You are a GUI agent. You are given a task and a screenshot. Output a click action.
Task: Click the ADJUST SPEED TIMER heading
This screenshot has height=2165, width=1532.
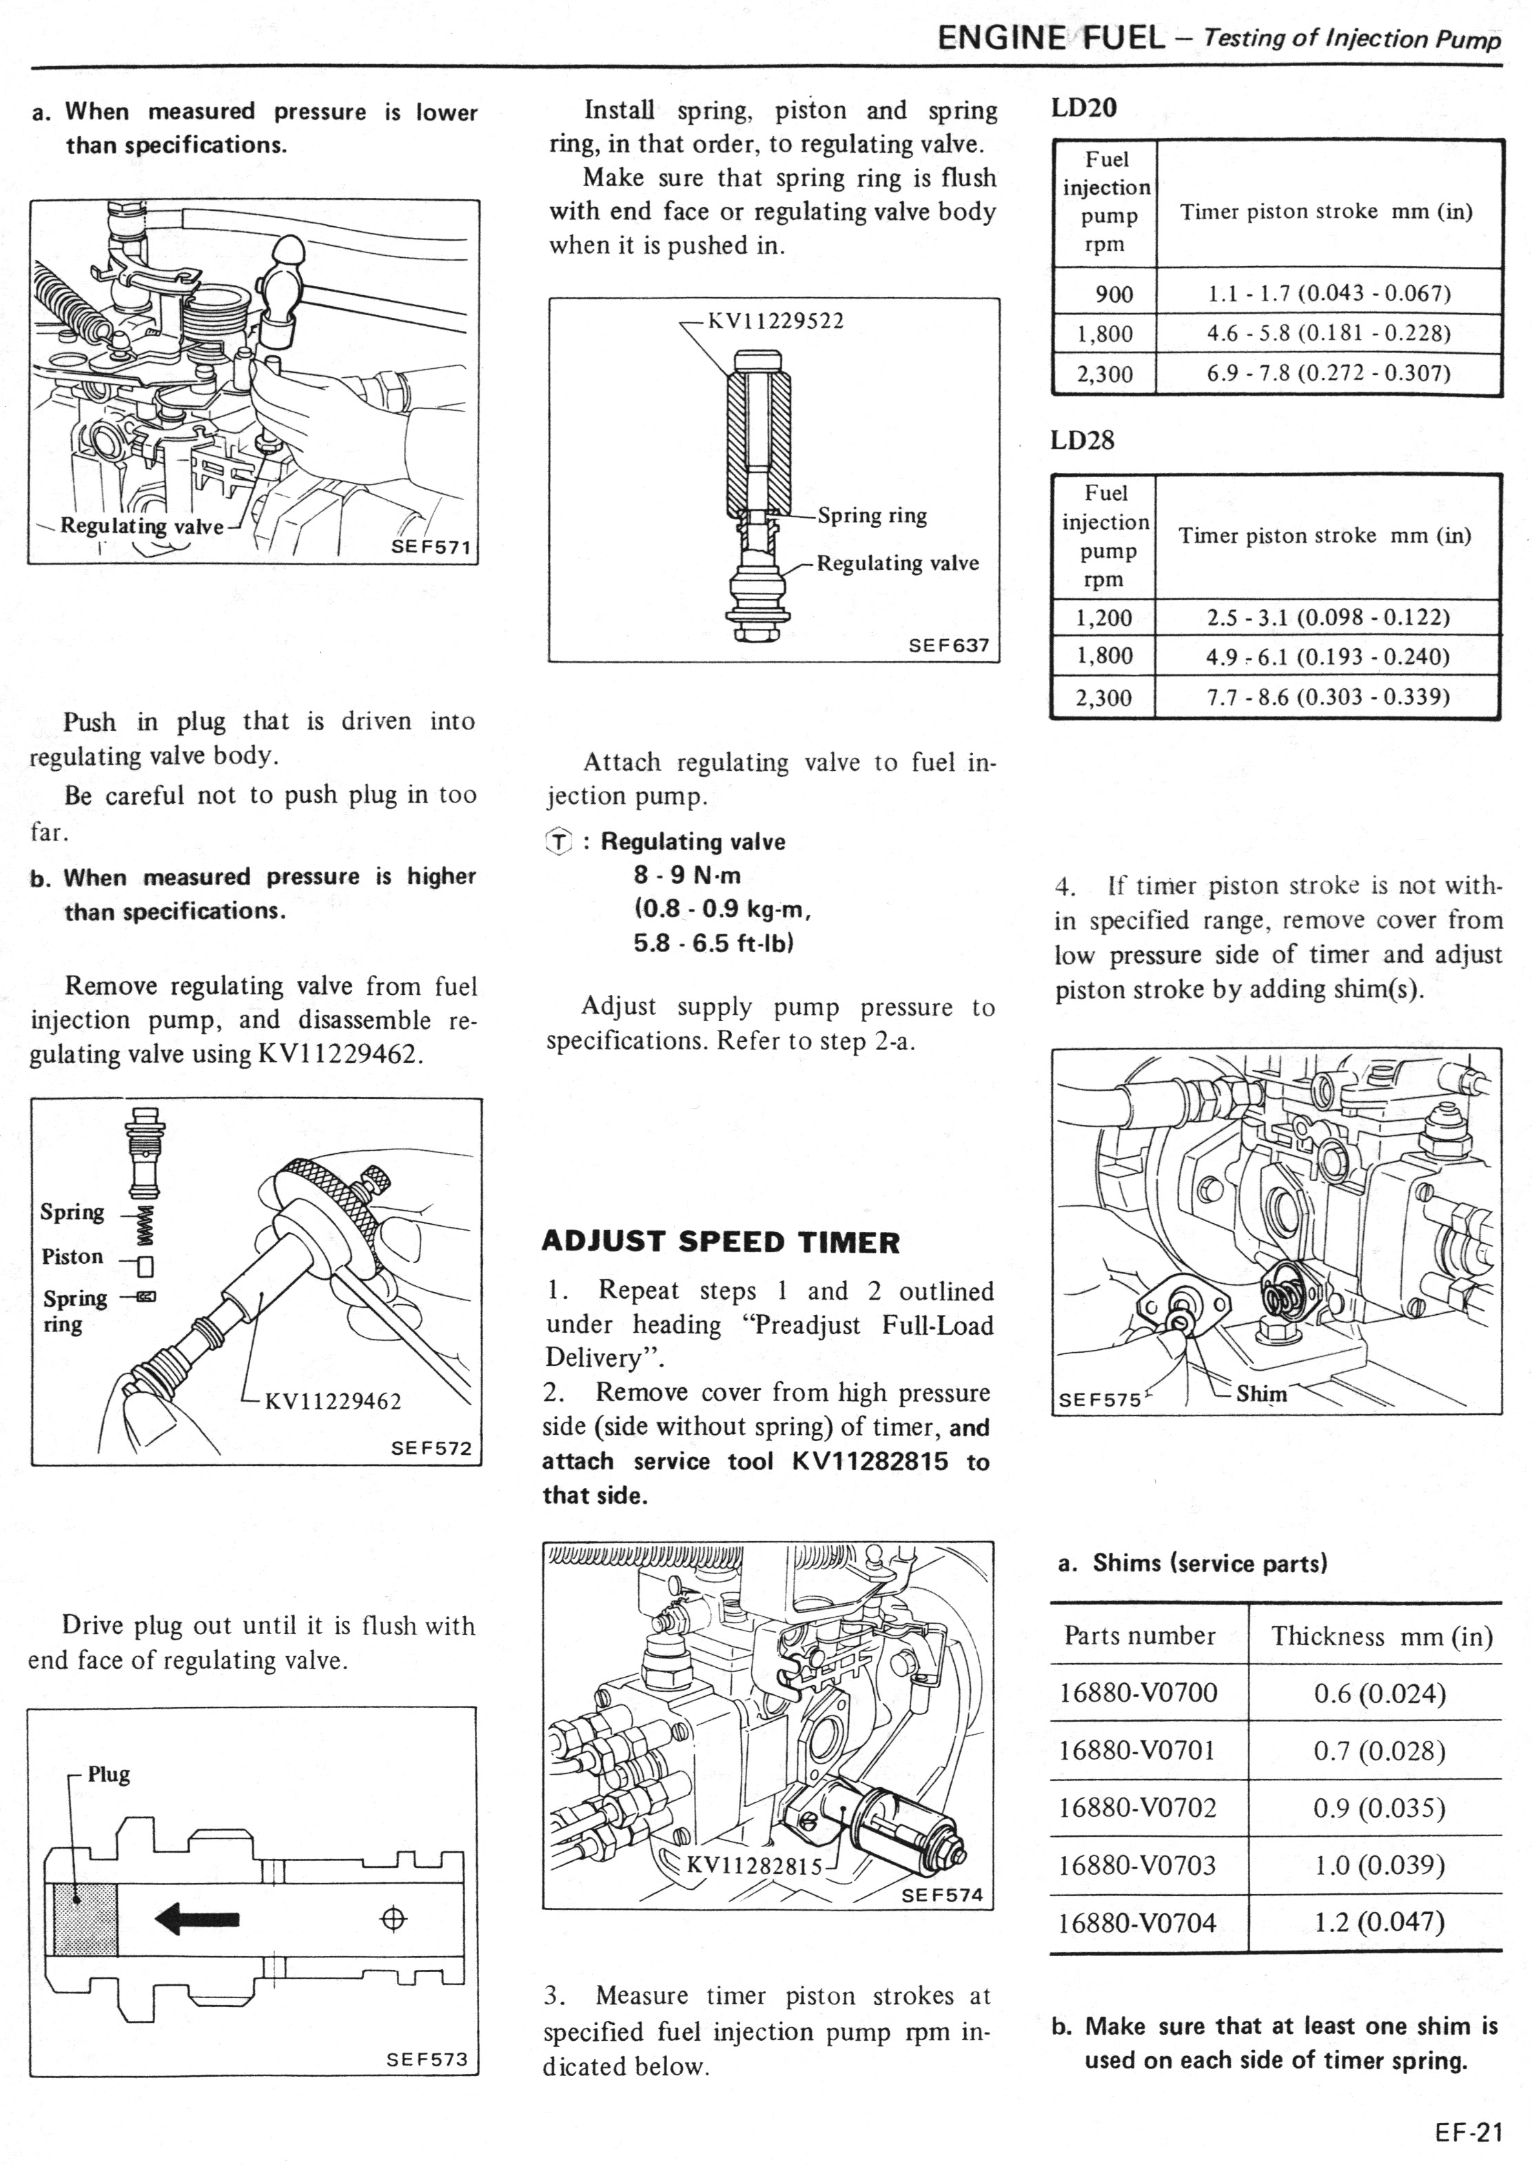[x=721, y=1242]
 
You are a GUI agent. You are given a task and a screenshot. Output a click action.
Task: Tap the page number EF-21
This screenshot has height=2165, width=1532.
[x=1468, y=2133]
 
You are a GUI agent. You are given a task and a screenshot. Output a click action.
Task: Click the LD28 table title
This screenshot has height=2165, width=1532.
[x=1082, y=441]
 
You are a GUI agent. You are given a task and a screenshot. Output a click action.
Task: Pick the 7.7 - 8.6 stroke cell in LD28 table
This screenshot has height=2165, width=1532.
[x=1327, y=698]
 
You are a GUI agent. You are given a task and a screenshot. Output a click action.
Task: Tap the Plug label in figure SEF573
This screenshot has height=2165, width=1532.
[x=108, y=1774]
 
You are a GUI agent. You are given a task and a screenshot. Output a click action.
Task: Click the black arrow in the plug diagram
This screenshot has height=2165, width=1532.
[x=197, y=1919]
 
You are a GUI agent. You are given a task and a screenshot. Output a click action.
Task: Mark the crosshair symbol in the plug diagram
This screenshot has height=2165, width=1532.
[x=394, y=1919]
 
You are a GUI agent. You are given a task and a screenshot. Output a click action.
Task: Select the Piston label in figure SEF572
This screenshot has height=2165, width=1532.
[x=72, y=1257]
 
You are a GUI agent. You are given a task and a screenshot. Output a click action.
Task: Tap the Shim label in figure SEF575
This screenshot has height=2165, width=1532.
[x=1261, y=1394]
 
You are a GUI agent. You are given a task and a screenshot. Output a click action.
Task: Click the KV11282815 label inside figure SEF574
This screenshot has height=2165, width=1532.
[x=755, y=1865]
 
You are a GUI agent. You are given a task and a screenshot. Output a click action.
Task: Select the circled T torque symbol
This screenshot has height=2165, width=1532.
[x=560, y=842]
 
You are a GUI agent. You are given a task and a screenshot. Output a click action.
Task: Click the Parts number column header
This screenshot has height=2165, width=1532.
[x=1140, y=1635]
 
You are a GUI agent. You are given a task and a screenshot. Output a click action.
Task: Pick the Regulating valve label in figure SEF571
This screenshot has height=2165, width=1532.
[x=141, y=527]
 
